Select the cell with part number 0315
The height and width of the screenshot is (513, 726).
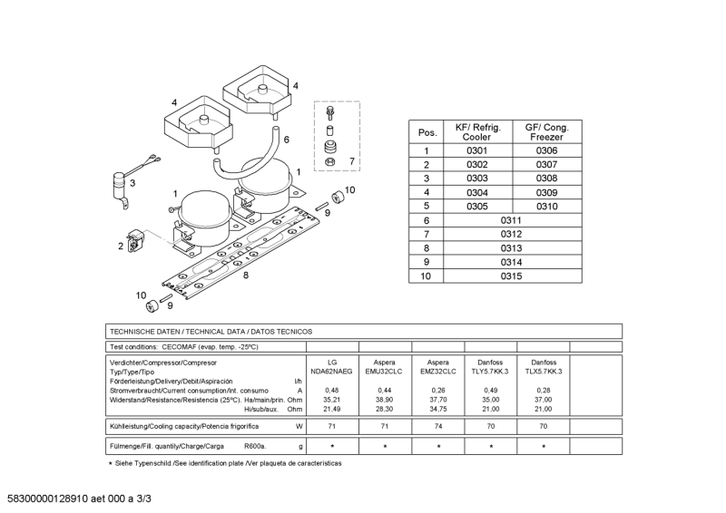click(x=511, y=276)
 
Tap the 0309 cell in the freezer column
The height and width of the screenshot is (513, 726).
click(x=546, y=193)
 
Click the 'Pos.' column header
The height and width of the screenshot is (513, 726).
click(x=427, y=132)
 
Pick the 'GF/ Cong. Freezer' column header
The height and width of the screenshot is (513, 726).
click(x=546, y=131)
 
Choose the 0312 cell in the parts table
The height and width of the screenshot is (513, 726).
click(x=511, y=235)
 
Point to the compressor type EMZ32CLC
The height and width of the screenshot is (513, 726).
click(x=438, y=373)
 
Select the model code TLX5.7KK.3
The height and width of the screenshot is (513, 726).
click(x=544, y=373)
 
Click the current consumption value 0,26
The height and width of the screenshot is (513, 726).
click(x=438, y=390)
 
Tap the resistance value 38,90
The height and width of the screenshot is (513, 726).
click(x=385, y=399)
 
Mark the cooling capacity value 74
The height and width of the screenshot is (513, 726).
click(x=438, y=425)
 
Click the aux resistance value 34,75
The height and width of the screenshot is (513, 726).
click(x=438, y=408)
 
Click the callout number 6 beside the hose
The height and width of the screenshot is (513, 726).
click(x=286, y=140)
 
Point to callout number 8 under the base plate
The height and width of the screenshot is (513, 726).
click(x=245, y=275)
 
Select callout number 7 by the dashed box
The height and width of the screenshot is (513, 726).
click(x=352, y=162)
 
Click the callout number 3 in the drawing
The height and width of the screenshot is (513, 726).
click(x=132, y=183)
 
